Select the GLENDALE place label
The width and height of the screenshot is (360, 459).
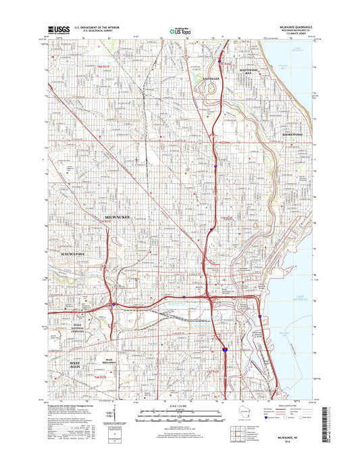[x=212, y=78]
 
